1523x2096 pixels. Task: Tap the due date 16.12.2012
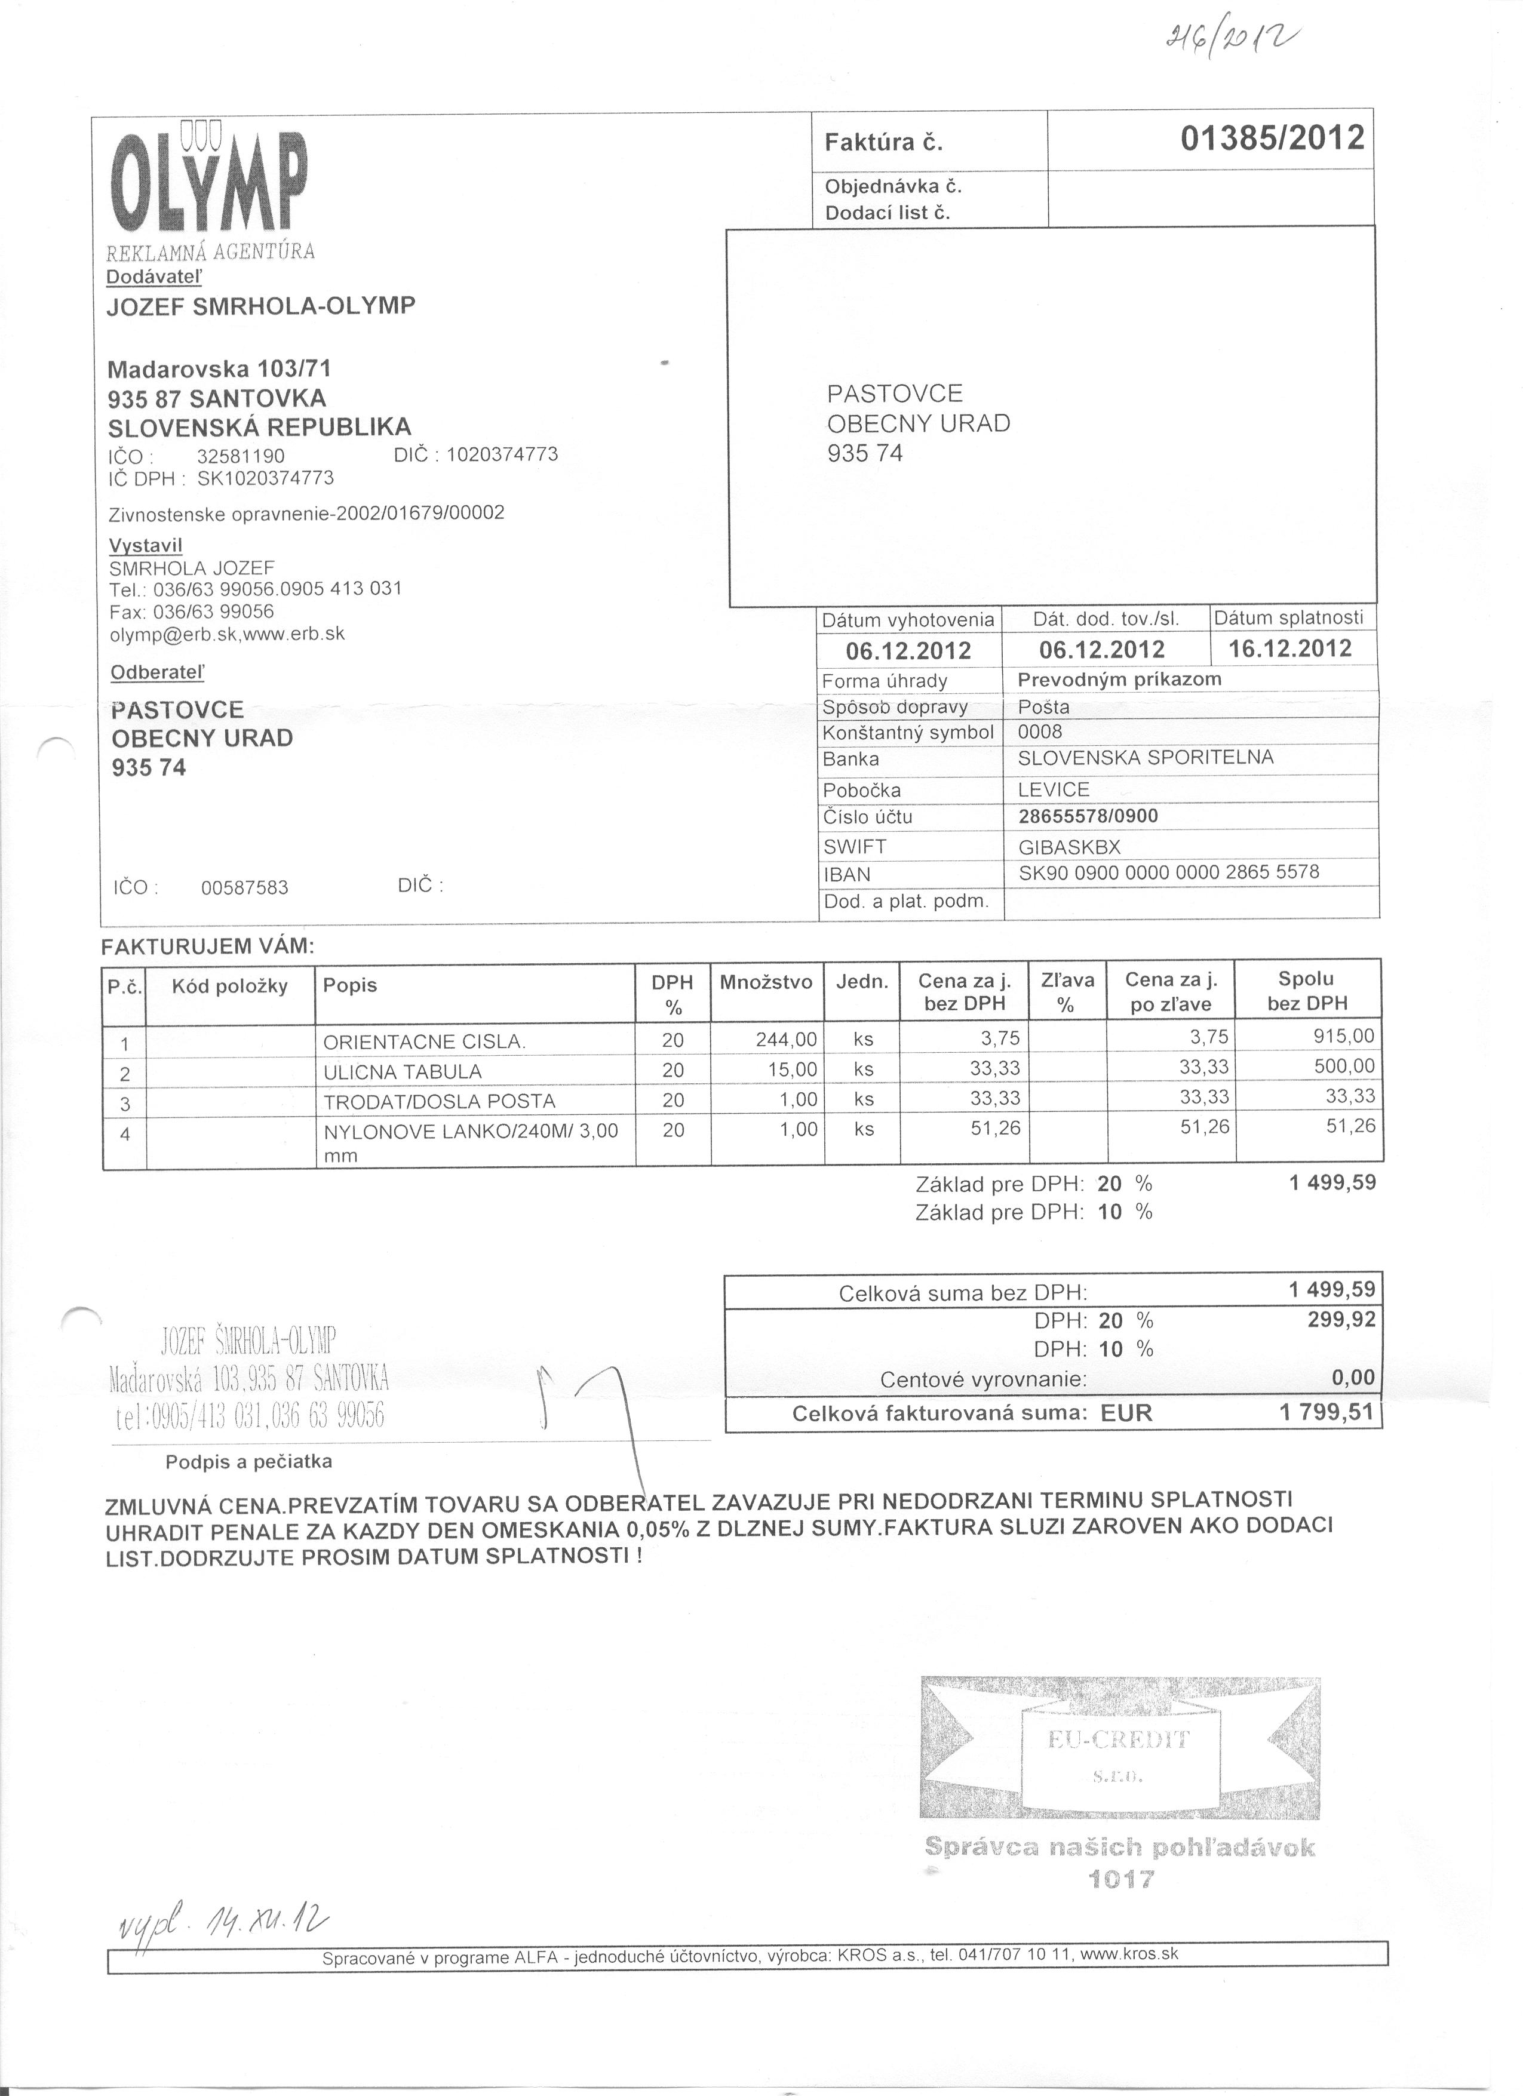click(1289, 648)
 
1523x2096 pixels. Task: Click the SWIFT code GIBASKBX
click(1069, 847)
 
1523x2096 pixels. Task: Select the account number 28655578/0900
click(1088, 816)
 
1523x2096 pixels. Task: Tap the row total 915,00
click(1344, 1037)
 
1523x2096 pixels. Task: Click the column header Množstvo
click(766, 982)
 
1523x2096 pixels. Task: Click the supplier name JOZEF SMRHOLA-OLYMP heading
click(262, 306)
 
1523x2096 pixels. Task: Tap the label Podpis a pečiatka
click(248, 1462)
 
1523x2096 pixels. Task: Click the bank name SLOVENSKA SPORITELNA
click(1145, 758)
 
